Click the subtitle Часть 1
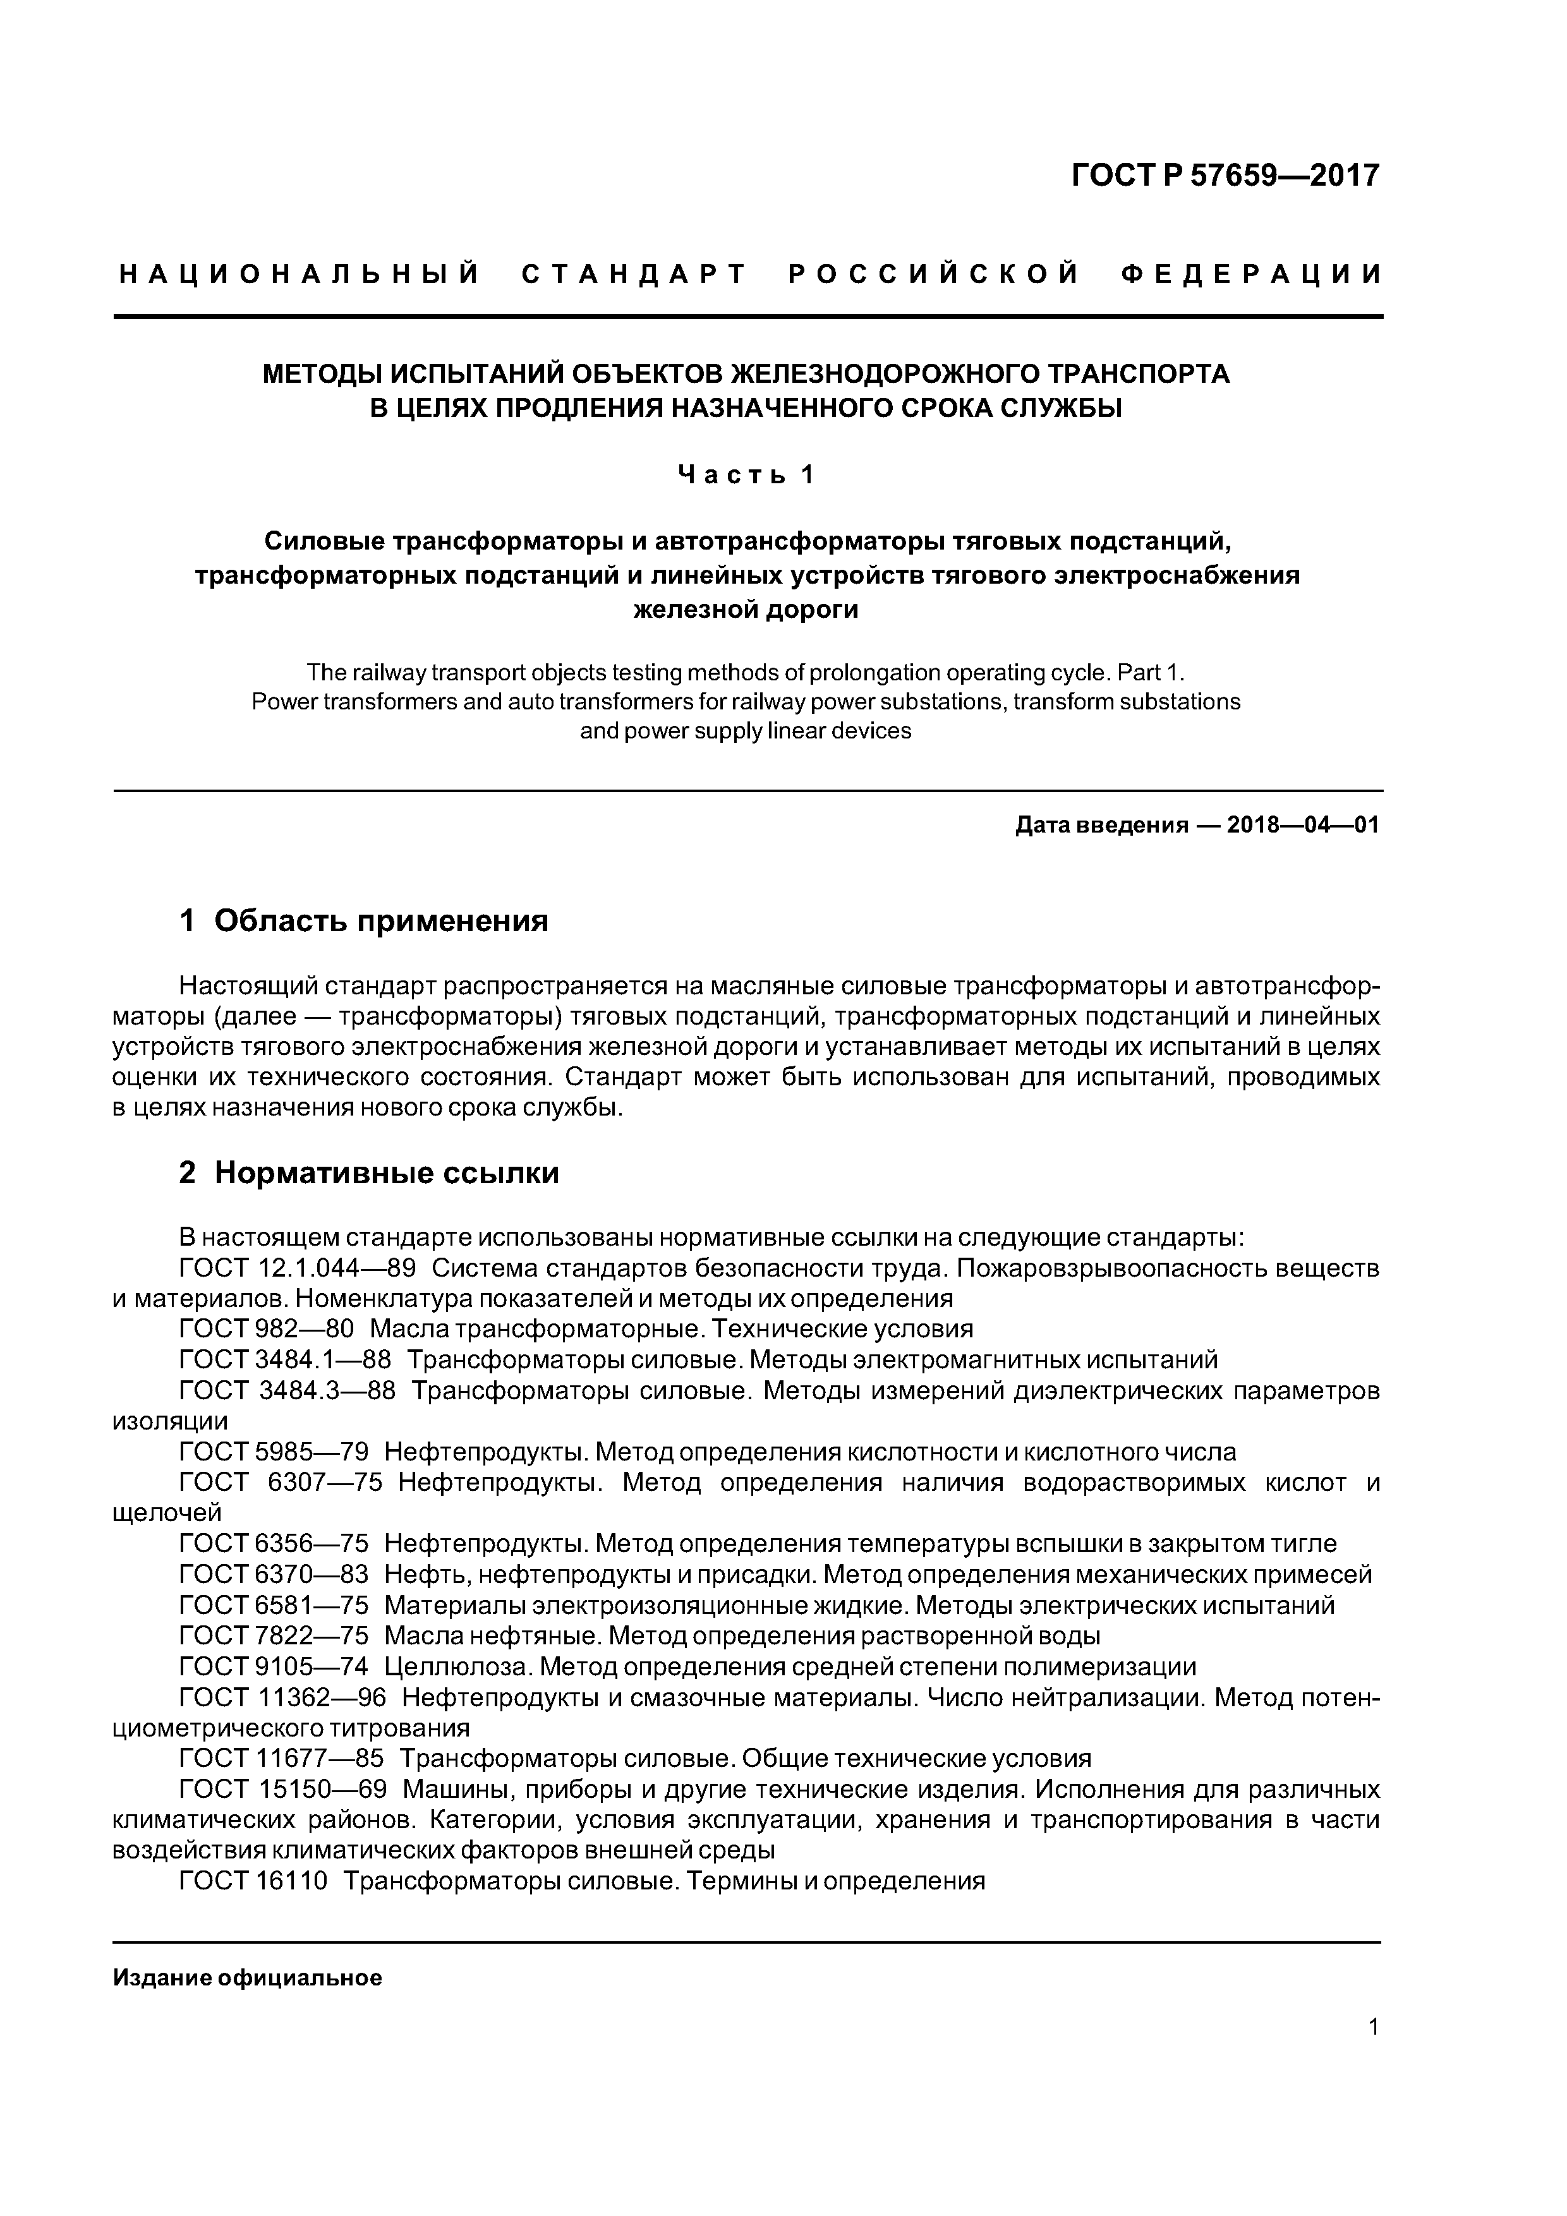click(x=746, y=475)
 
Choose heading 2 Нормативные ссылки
click(x=369, y=1172)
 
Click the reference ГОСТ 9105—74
click(x=273, y=1667)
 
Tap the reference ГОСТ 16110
click(x=254, y=1881)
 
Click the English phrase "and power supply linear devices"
click(x=746, y=731)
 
